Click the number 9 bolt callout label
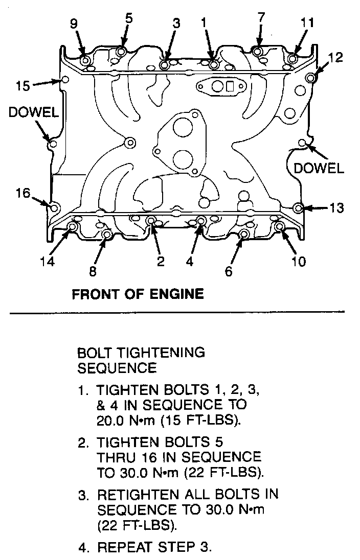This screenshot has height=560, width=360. point(74,24)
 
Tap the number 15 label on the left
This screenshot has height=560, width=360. point(23,86)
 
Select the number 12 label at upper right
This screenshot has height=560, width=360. point(335,58)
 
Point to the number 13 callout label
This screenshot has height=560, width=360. point(336,207)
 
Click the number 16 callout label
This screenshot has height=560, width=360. point(23,193)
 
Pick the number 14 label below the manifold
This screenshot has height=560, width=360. point(47,262)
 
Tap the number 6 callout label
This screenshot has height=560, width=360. point(229,271)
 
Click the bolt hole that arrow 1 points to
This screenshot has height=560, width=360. point(213,65)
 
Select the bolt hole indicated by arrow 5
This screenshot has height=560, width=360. point(121,52)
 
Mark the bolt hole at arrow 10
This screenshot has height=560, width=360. point(280,226)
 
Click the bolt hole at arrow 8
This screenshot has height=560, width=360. point(106,235)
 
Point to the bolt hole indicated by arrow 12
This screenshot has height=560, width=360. point(311,78)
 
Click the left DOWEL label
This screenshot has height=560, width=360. point(33,112)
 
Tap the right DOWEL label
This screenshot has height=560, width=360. point(319,168)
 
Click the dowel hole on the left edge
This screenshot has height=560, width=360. point(53,144)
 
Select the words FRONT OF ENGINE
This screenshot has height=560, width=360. point(138,294)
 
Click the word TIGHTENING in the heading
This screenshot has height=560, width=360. point(162,353)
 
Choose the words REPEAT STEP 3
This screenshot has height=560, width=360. point(154,547)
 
